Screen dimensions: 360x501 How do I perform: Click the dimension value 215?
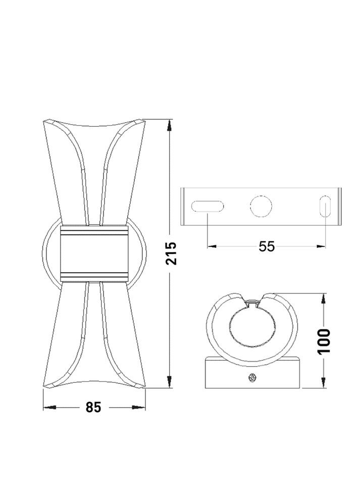[x=171, y=254]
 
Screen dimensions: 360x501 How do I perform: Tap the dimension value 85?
[x=93, y=408]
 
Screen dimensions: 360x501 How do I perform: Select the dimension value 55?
[x=267, y=246]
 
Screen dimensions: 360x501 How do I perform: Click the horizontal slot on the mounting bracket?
[x=208, y=206]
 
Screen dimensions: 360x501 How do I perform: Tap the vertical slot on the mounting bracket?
[x=325, y=206]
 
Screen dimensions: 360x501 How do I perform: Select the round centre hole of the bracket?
[x=261, y=206]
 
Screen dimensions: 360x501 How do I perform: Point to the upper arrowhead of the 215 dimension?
[x=169, y=125]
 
